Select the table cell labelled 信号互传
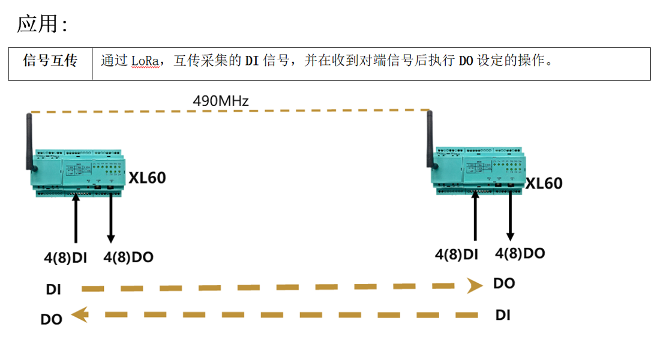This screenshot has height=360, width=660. tap(50, 61)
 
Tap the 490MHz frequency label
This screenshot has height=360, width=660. tap(220, 100)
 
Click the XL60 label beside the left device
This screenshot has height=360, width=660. tap(147, 178)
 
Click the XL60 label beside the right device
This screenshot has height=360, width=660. tap(544, 183)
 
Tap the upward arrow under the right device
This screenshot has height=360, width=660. tap(475, 216)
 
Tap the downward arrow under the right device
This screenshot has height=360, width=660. tap(510, 216)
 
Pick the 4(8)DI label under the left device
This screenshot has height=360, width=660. tap(65, 258)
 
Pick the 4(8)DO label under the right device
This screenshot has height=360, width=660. tap(520, 253)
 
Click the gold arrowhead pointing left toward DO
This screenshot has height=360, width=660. tap(80, 314)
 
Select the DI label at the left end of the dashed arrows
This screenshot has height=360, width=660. tap(53, 289)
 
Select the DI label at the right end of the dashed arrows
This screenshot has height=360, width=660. tap(503, 314)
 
